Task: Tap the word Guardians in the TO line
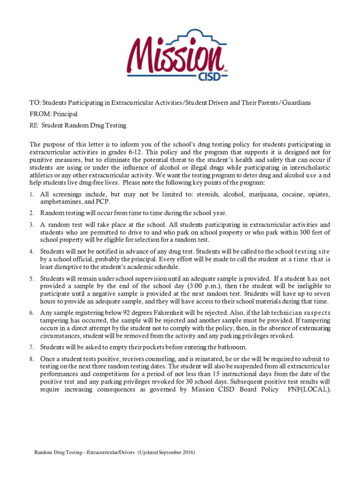[294, 102]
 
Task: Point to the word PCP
[103, 202]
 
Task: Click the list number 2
[31, 213]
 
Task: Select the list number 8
[31, 359]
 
